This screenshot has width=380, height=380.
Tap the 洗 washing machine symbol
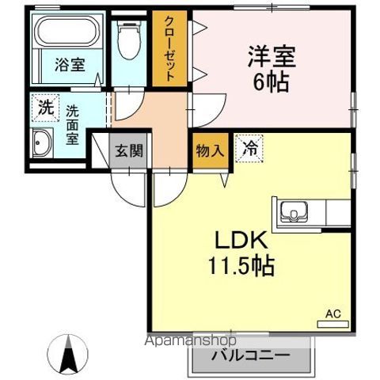click(x=46, y=108)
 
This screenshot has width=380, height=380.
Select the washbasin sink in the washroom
click(x=42, y=144)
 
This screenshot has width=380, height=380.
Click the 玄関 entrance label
click(x=129, y=150)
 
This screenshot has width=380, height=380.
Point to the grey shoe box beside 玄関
click(x=101, y=150)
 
